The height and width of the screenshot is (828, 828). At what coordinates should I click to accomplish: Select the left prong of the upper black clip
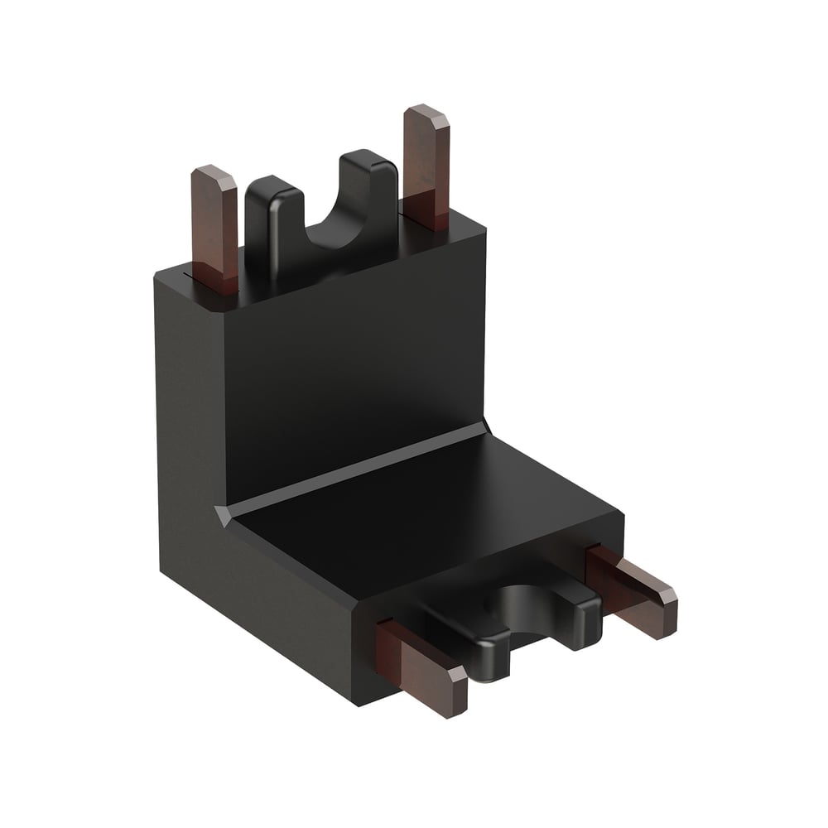267,224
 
